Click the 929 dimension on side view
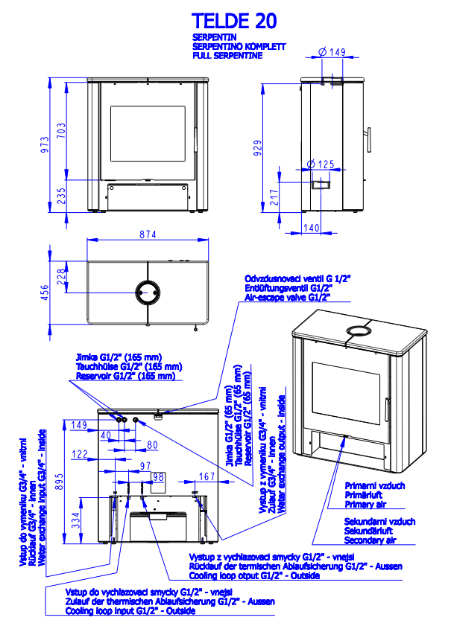(x=258, y=147)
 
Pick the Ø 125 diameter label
(x=321, y=164)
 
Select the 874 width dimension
(x=148, y=234)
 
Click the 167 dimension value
(x=207, y=476)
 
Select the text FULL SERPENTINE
(x=227, y=56)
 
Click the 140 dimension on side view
(x=312, y=227)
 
